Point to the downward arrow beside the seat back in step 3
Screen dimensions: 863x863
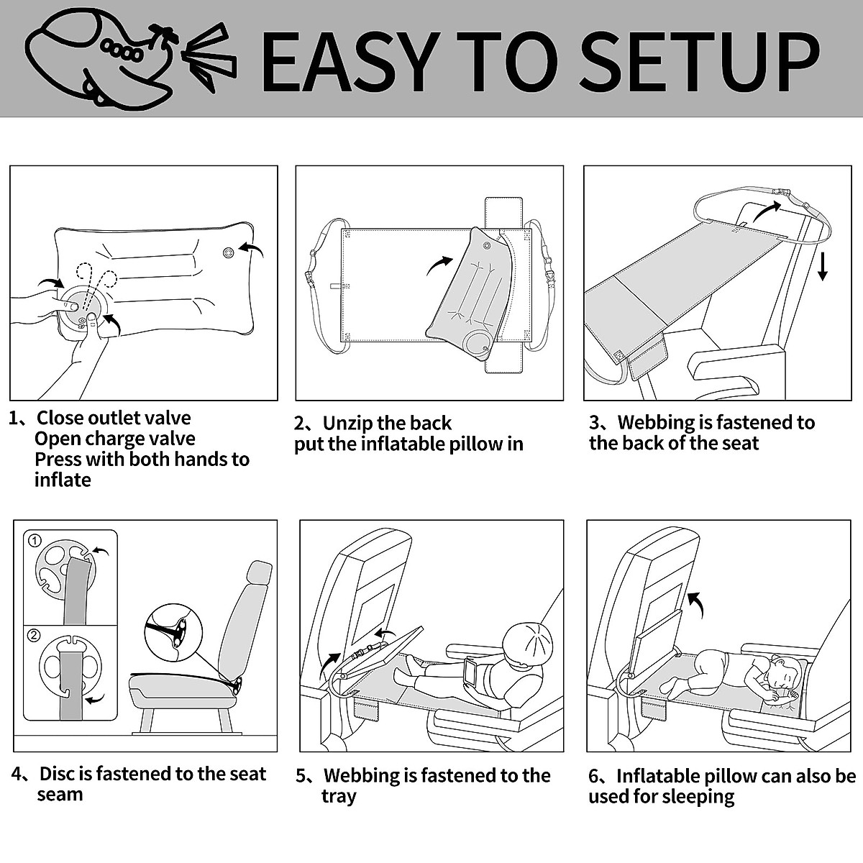(823, 265)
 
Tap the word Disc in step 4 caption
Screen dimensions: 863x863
(57, 774)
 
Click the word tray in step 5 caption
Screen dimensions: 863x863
(339, 796)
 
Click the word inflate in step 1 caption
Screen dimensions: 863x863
(63, 480)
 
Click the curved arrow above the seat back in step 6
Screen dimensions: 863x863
(696, 605)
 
